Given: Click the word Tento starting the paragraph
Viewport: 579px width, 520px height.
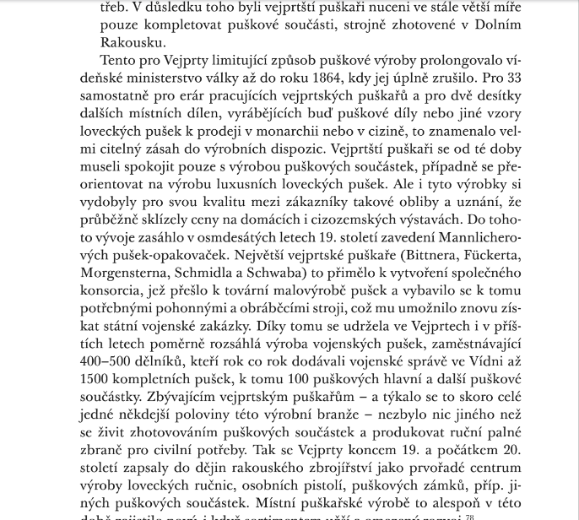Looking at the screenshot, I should (119, 60).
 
